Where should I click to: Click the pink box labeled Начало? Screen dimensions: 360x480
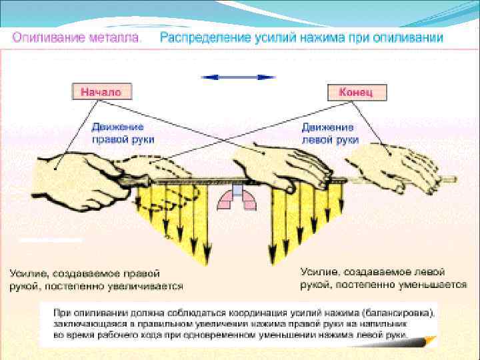[101, 92]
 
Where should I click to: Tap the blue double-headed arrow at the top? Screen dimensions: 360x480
[238, 77]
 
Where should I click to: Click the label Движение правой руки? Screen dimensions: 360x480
[123, 133]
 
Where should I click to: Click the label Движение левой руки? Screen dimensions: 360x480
[330, 133]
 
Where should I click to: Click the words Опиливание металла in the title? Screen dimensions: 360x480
[77, 38]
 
